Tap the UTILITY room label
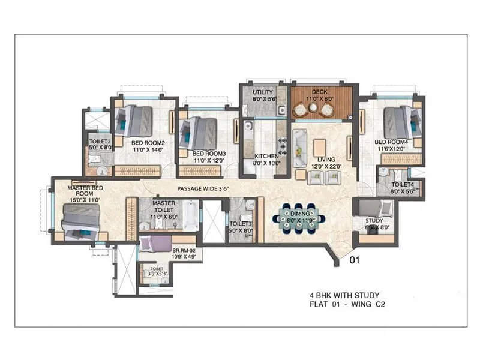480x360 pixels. click(x=262, y=92)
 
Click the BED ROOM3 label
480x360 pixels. click(x=209, y=154)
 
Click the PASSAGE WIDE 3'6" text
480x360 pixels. click(x=205, y=189)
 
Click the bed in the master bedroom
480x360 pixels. click(x=80, y=218)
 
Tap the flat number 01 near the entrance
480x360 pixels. click(x=355, y=261)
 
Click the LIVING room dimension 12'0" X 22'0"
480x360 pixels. click(x=324, y=167)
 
